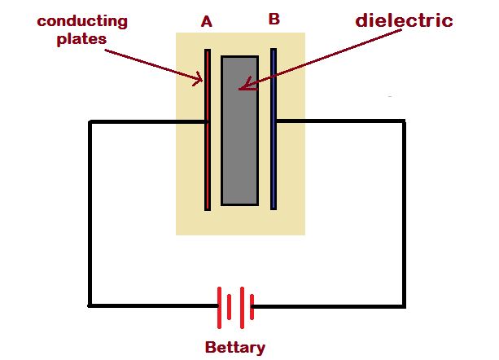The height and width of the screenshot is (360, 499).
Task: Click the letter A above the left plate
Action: pos(207,22)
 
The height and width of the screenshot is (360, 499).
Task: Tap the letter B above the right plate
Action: pos(274,19)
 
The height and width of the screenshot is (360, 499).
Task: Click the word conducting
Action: pos(82,22)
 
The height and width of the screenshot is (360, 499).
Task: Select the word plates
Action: pos(81,39)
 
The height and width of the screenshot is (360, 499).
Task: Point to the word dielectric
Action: pos(404,20)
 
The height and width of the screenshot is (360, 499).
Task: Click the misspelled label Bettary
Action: pos(235,348)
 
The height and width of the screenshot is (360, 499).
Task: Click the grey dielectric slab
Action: pos(239,130)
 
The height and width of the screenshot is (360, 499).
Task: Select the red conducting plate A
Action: pos(208,130)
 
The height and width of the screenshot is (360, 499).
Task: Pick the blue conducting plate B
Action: pos(274,129)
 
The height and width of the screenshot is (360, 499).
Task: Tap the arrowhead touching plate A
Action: pos(199,79)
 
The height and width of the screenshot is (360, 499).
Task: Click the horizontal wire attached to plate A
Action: pos(148,122)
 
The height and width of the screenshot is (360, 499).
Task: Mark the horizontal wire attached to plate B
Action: pos(341,121)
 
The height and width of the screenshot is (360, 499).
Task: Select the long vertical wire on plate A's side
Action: pos(90,213)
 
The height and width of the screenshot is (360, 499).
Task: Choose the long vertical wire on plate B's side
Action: pos(404,214)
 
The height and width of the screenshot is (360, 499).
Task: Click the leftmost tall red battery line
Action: pos(219,308)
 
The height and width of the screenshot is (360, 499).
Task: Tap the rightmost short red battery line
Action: pos(252,307)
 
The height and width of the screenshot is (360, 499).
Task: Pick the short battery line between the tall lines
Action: pos(229,307)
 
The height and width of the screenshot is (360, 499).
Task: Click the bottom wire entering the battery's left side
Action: pos(153,305)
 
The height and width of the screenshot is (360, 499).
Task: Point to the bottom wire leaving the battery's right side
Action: pos(328,306)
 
